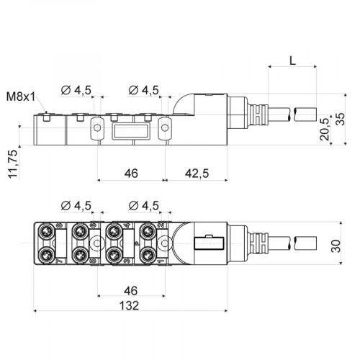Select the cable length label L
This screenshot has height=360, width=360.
[292, 60]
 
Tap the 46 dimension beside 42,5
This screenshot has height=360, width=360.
[130, 173]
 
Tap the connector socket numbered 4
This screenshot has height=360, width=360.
[114, 230]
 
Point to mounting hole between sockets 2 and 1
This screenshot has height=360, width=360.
[165, 243]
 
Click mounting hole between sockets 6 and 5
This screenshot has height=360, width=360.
[96, 243]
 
